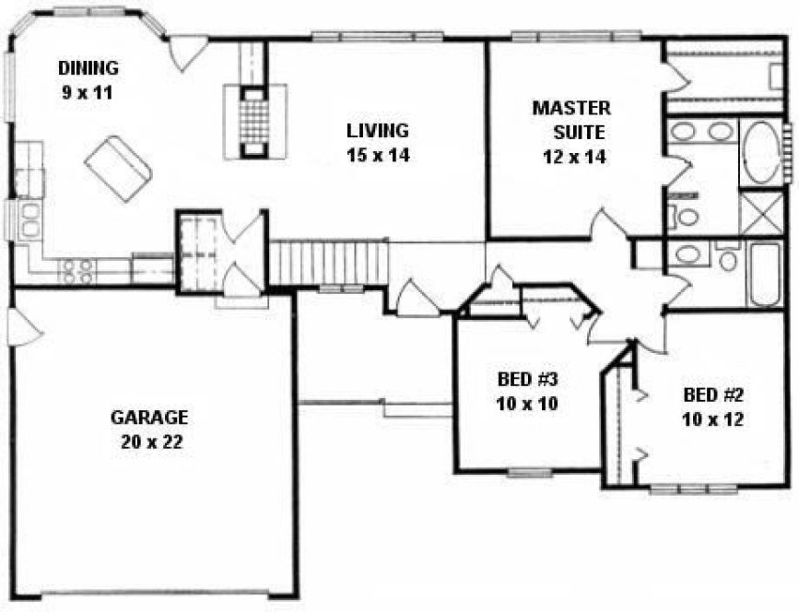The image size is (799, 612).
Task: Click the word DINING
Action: pos(88,68)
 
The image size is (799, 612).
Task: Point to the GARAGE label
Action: pos(149,417)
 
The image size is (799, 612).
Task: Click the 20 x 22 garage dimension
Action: pos(150,441)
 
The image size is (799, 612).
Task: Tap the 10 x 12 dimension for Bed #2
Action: pos(713,418)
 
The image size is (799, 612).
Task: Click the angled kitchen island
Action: pos(118,168)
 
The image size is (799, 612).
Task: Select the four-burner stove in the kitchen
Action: pos(76,269)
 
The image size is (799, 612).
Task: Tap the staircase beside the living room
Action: pos(329,263)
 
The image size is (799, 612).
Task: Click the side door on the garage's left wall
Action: pos(22,327)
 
